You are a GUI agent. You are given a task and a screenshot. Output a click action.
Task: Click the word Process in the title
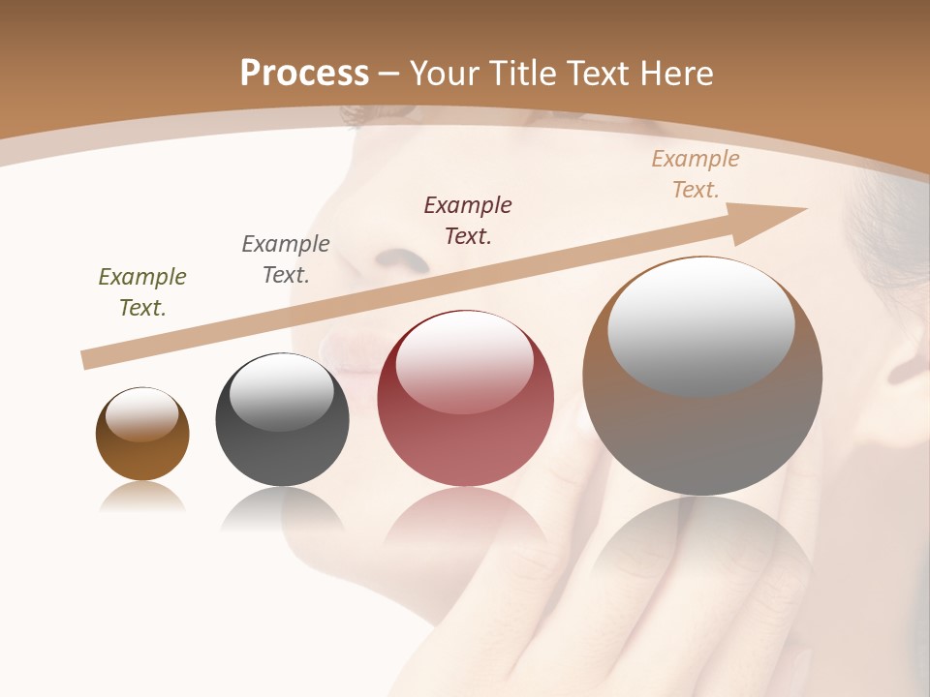(x=304, y=74)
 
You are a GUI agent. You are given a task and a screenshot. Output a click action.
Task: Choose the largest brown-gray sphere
(x=702, y=436)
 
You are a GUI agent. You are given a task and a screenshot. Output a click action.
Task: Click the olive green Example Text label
(x=142, y=292)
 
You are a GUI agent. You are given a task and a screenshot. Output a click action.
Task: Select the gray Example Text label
(x=286, y=259)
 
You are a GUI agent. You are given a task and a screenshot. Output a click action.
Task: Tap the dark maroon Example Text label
(x=468, y=220)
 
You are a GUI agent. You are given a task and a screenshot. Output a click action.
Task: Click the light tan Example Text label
(x=696, y=174)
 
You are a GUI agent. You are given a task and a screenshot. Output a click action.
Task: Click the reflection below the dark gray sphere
(x=282, y=508)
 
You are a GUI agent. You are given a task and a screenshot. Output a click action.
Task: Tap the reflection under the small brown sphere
(x=142, y=497)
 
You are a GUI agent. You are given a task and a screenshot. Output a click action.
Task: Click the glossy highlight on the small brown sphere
(x=142, y=415)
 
